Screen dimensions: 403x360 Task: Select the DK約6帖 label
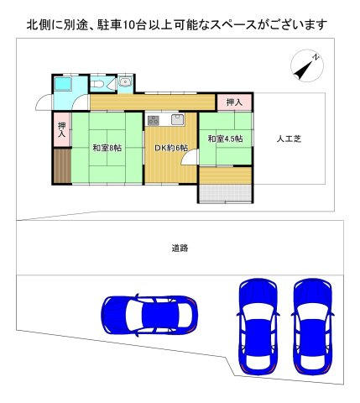pyautogui.click(x=170, y=149)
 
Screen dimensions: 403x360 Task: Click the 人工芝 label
pyautogui.click(x=290, y=139)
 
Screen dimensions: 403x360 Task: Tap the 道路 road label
pyautogui.click(x=180, y=248)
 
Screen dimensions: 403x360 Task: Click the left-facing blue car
pyautogui.click(x=148, y=315)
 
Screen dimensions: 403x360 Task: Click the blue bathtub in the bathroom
pyautogui.click(x=65, y=87)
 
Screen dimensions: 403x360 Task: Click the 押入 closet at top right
pyautogui.click(x=234, y=102)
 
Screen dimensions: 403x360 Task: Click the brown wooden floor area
pyautogui.click(x=62, y=167)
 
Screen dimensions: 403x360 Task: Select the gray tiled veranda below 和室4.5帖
pyautogui.click(x=225, y=194)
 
